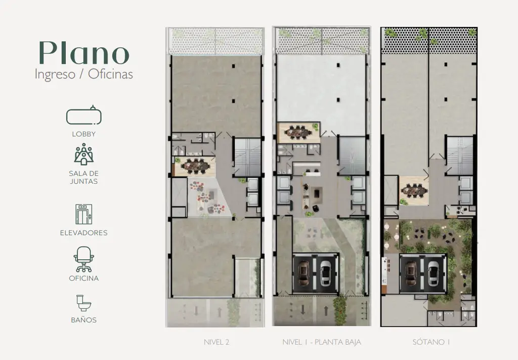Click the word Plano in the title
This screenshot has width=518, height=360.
point(84,53)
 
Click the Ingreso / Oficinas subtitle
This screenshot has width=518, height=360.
point(84,74)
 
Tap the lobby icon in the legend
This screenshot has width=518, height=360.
point(84,115)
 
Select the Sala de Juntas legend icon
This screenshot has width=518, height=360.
point(84,154)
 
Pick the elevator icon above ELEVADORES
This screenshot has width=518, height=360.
point(84,214)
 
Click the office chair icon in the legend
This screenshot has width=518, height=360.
point(84,259)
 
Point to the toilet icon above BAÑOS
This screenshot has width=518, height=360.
point(83,303)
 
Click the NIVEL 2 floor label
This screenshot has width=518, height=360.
point(217,342)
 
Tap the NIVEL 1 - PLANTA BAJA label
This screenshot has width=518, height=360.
point(322,342)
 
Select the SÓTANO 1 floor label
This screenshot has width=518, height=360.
point(431,342)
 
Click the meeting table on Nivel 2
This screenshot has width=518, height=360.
point(195,166)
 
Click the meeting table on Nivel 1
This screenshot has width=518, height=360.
point(299,132)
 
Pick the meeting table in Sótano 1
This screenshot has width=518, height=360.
point(414,191)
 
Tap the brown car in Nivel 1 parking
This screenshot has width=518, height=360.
point(304,273)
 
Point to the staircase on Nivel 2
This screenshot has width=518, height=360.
point(247,157)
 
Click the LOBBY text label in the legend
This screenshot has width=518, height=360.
point(84,134)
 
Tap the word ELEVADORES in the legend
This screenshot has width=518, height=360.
point(84,233)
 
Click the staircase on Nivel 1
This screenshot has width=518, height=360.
point(353,155)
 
